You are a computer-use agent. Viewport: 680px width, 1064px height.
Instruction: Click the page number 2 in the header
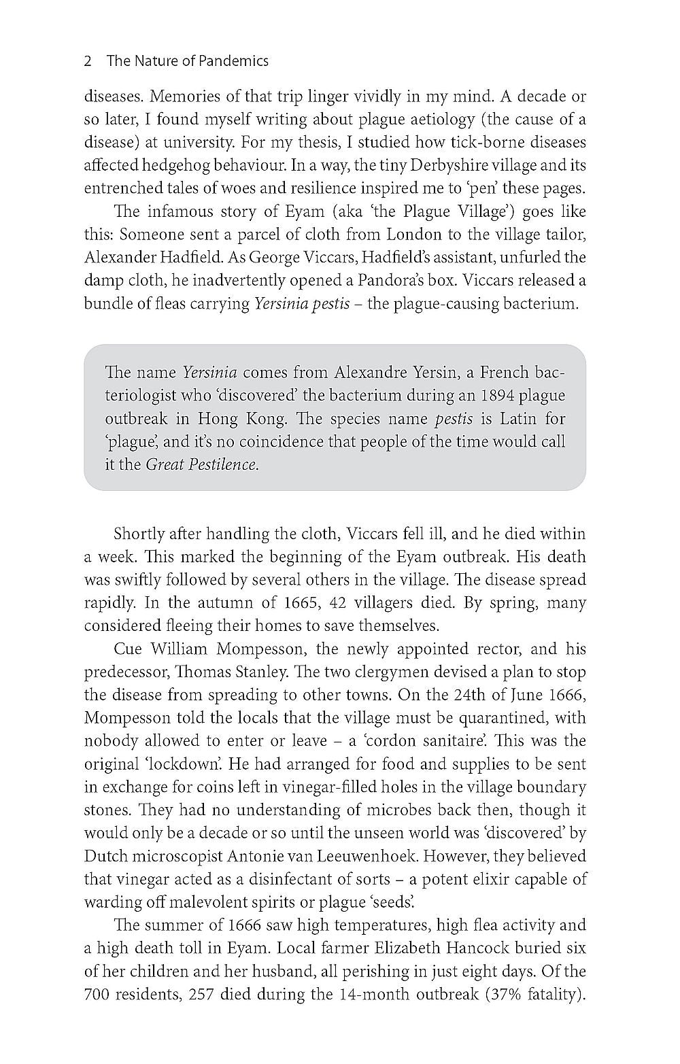[88, 61]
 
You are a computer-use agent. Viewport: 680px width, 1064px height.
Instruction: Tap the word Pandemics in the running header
[234, 61]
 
